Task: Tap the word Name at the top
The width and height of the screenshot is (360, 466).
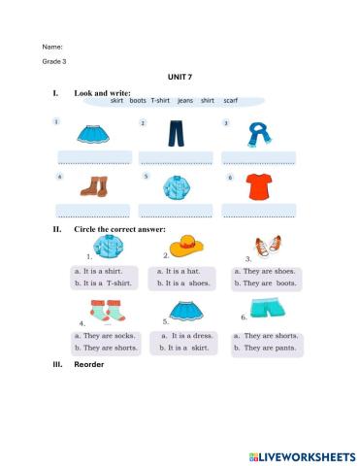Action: (52, 47)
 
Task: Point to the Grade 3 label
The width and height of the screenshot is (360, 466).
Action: (54, 61)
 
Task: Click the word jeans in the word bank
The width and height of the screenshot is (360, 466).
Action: (184, 101)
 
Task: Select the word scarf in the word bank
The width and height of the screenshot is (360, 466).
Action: (230, 101)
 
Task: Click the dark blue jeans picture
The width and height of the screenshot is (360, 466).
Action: (175, 134)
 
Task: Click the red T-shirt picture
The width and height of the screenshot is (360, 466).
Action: (257, 185)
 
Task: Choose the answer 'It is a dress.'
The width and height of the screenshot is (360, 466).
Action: (186, 335)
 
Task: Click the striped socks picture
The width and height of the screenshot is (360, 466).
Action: (104, 311)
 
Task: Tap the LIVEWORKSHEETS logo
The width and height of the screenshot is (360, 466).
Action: (301, 454)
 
